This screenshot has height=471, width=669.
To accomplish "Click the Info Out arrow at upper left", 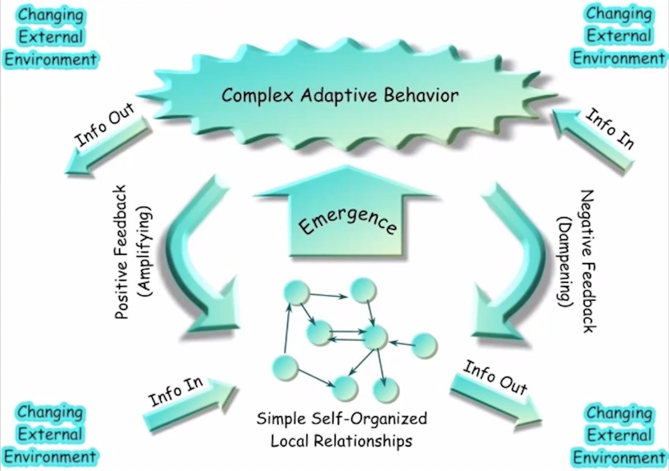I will click(106, 146).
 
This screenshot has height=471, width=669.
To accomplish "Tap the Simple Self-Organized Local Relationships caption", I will click(342, 429).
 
